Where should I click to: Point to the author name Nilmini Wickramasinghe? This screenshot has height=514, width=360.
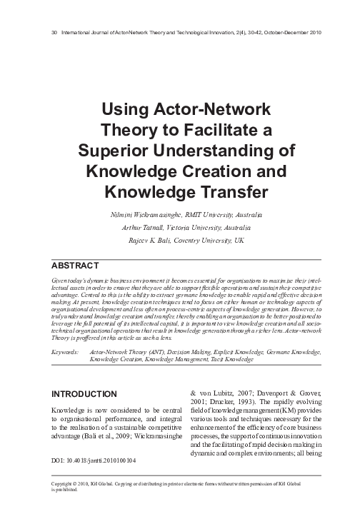click(139, 214)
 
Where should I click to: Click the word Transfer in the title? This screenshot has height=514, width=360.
click(215, 191)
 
